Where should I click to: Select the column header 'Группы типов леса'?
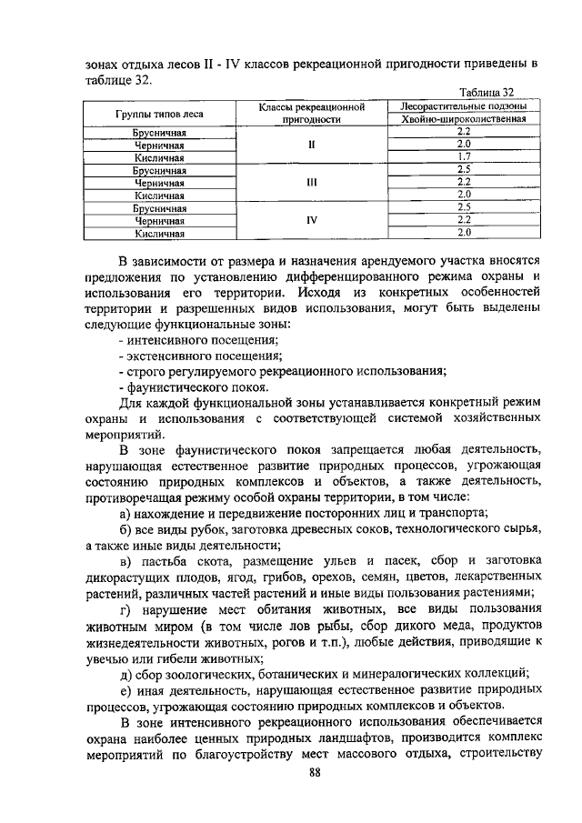click(159, 114)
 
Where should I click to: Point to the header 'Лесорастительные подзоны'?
click(464, 106)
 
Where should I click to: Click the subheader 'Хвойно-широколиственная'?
click(464, 120)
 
